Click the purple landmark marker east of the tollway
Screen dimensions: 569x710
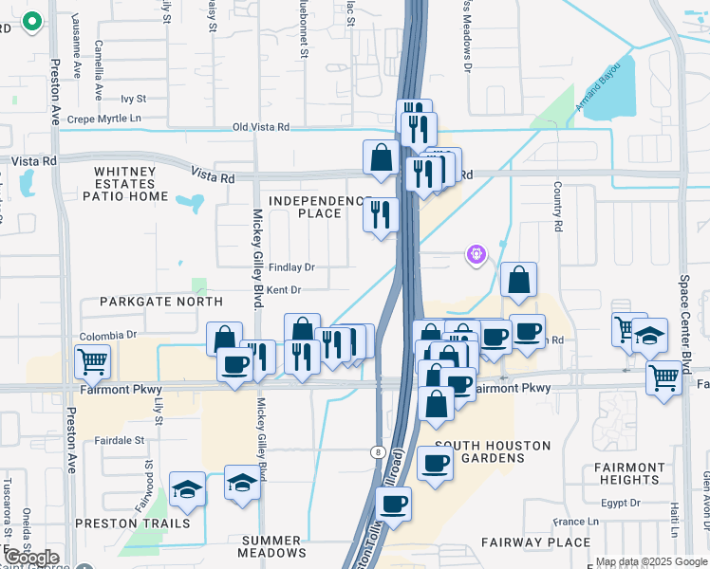tap(476, 253)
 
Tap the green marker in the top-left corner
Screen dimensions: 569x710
tap(31, 21)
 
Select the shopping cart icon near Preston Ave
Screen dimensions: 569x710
tap(92, 361)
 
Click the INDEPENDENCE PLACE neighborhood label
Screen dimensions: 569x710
tap(318, 207)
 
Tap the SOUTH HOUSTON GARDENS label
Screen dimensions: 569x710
tap(479, 451)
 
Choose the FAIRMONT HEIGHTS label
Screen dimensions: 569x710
tap(630, 473)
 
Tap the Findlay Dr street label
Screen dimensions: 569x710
tap(291, 267)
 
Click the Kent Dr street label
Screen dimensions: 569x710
tap(284, 290)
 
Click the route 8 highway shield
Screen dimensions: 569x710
tap(378, 452)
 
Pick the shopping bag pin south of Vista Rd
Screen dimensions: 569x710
tap(381, 158)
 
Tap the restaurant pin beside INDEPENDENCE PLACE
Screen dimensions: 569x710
tap(381, 215)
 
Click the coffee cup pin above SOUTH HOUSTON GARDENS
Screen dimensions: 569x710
tap(435, 464)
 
